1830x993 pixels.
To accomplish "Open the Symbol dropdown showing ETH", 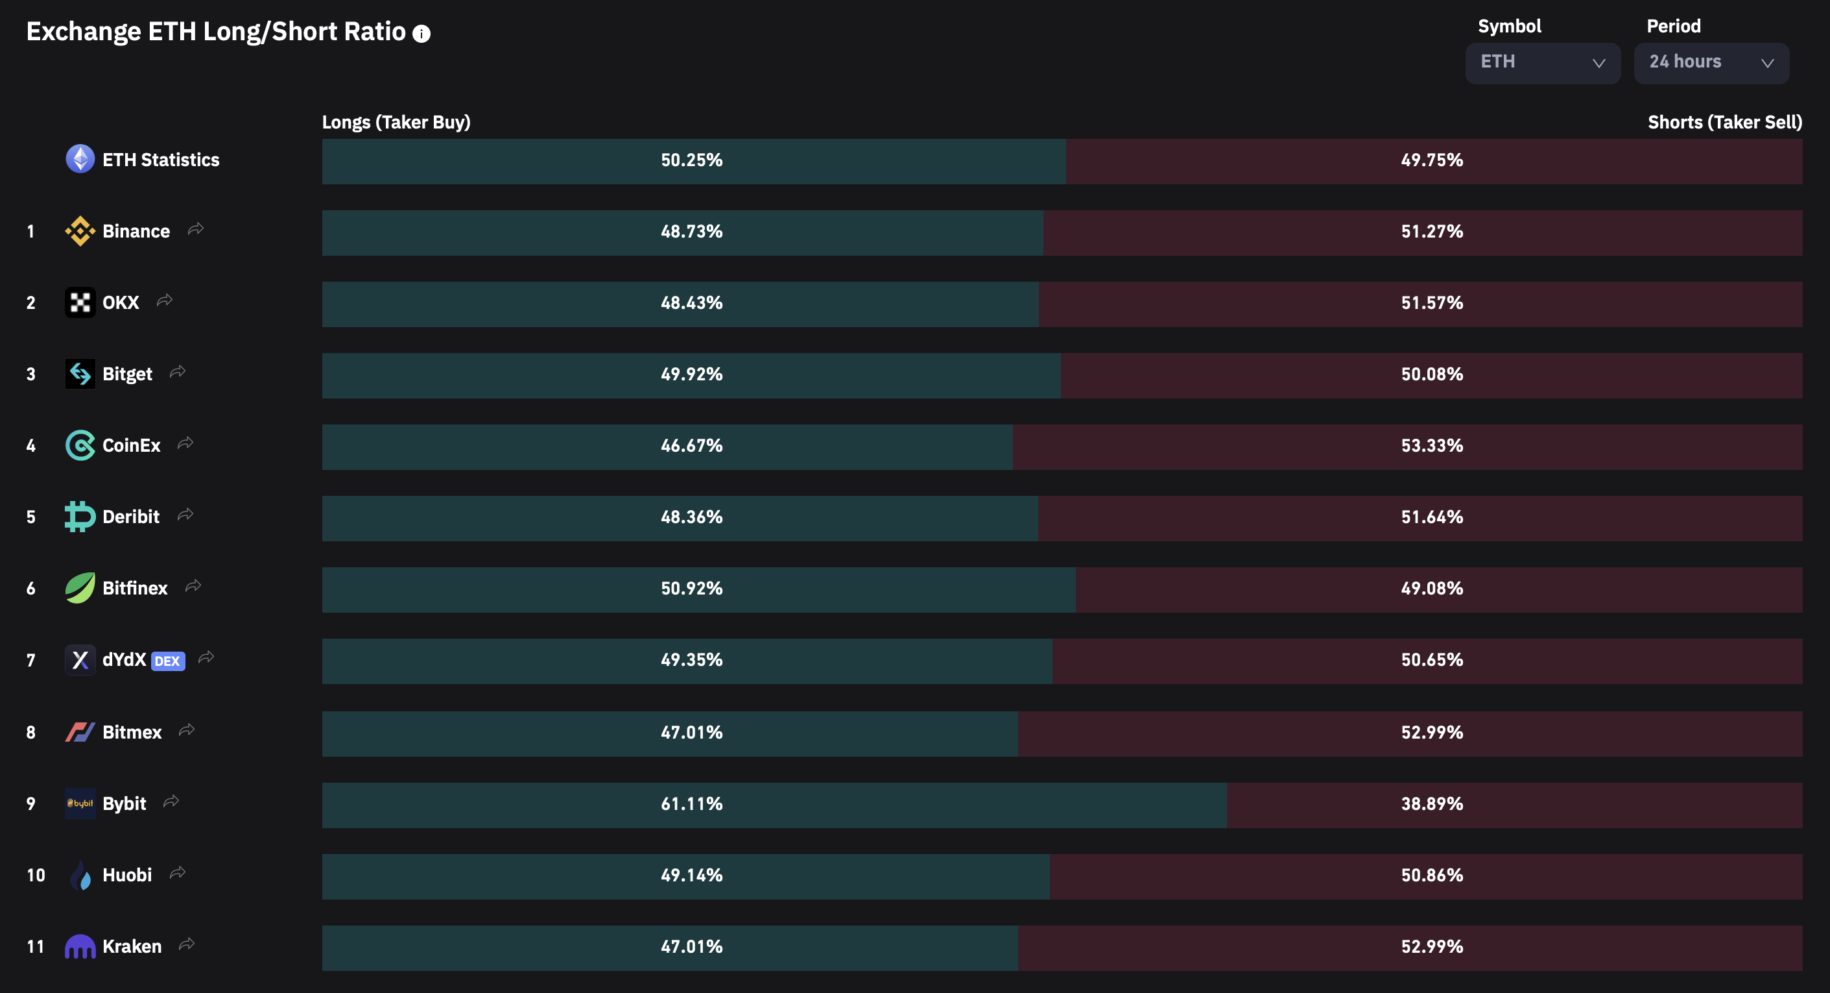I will click(x=1542, y=62).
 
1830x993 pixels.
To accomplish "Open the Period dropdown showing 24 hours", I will click(x=1711, y=62).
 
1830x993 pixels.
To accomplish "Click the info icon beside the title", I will click(x=422, y=33).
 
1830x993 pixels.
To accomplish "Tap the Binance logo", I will click(x=80, y=231).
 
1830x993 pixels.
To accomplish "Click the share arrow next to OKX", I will click(x=165, y=300).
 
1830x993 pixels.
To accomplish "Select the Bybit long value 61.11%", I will click(x=691, y=804).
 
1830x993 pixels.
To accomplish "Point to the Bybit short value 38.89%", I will click(x=1431, y=804).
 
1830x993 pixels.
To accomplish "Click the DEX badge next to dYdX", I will click(x=168, y=661).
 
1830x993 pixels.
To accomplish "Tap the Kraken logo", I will click(x=80, y=946).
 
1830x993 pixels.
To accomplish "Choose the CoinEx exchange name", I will click(x=132, y=446).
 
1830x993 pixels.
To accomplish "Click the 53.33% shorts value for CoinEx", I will click(x=1431, y=446).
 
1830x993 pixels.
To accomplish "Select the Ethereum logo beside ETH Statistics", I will click(x=80, y=159).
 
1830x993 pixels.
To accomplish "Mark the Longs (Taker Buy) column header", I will click(x=396, y=122).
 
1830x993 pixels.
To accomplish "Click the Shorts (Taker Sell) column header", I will click(x=1724, y=122).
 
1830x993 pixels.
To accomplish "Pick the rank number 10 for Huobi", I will click(x=36, y=875).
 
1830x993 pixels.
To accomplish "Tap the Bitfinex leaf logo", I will click(x=80, y=588).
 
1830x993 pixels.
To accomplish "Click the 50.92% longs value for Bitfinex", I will click(x=691, y=589).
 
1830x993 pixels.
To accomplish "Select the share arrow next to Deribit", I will click(x=185, y=515).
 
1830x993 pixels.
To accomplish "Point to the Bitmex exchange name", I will click(x=132, y=732).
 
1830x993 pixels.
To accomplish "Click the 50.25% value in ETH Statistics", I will click(x=691, y=160).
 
